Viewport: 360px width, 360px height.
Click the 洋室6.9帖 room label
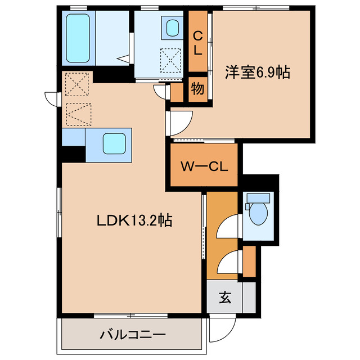pos(258,72)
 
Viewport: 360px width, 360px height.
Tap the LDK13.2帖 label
pos(133,220)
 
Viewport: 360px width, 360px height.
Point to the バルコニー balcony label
pos(133,335)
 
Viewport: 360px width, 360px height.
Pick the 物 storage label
pos(197,88)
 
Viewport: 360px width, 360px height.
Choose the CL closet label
pos(197,43)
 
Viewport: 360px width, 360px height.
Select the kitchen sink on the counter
pos(115,143)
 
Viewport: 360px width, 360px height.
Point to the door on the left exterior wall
pos(52,99)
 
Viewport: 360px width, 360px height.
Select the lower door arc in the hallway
pos(228,260)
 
